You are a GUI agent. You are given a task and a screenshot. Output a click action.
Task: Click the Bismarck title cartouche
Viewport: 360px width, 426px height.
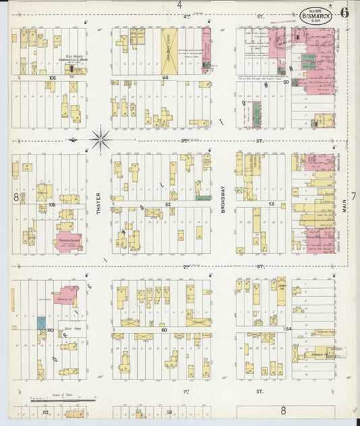[315, 15]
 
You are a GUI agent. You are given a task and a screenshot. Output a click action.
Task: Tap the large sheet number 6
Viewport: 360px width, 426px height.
[344, 12]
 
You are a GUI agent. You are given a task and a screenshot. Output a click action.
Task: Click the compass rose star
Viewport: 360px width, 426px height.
[101, 140]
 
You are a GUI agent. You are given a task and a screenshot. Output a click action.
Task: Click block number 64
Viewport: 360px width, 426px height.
[164, 78]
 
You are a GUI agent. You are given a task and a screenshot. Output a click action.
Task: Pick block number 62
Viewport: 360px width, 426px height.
[168, 203]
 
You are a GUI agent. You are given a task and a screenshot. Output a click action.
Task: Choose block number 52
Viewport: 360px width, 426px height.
[272, 203]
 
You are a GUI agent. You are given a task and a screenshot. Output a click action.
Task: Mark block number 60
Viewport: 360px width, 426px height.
[164, 331]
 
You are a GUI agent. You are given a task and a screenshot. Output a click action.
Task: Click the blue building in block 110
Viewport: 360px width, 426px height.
[41, 323]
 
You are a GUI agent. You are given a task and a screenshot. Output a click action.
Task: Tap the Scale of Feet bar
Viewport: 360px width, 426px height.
[64, 400]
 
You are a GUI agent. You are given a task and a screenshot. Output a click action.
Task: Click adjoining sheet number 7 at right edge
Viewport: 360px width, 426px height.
[353, 196]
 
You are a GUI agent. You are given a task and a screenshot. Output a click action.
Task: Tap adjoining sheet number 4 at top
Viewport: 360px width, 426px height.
[180, 4]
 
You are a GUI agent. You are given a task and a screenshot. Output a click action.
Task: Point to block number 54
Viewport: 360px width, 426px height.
[289, 328]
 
